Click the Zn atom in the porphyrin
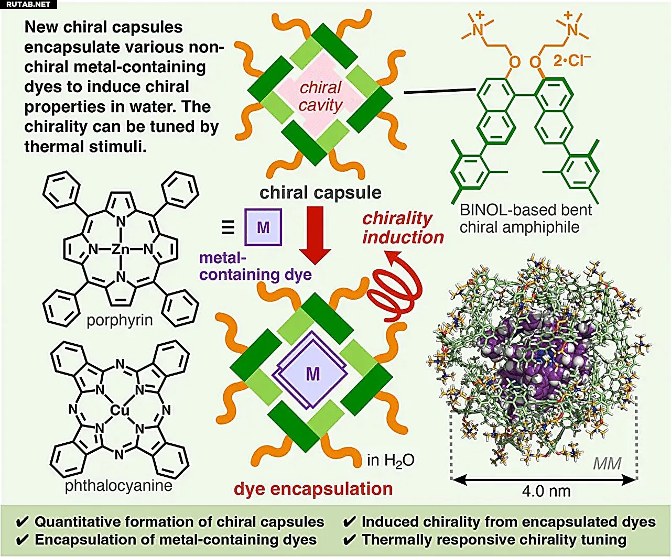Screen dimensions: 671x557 (121, 249)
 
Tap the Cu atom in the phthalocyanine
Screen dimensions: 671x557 (120, 410)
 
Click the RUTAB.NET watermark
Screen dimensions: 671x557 (28, 4)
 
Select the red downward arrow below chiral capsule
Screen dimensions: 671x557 (315, 235)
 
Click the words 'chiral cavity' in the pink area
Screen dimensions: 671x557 (320, 96)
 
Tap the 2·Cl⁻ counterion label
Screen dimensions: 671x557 (572, 60)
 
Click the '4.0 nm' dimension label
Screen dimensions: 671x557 (546, 491)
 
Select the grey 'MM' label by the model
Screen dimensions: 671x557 (607, 464)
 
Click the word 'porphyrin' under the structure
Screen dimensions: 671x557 (120, 320)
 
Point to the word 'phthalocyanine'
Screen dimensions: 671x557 (118, 485)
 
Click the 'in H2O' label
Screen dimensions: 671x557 (391, 461)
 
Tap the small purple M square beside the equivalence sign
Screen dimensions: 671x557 (263, 227)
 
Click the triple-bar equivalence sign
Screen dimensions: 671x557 (228, 227)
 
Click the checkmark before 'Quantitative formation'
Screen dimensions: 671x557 (22, 522)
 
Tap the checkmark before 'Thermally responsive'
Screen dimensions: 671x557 (349, 540)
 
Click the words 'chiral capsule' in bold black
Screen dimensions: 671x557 (320, 193)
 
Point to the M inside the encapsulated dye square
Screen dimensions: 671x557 (313, 374)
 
